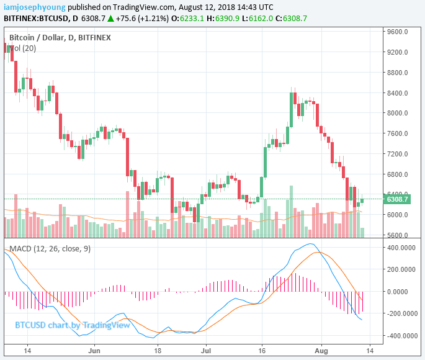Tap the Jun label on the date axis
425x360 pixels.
click(95, 350)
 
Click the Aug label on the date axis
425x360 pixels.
click(321, 350)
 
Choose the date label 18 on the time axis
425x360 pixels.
click(158, 350)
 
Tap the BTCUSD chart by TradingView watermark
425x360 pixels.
click(73, 325)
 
